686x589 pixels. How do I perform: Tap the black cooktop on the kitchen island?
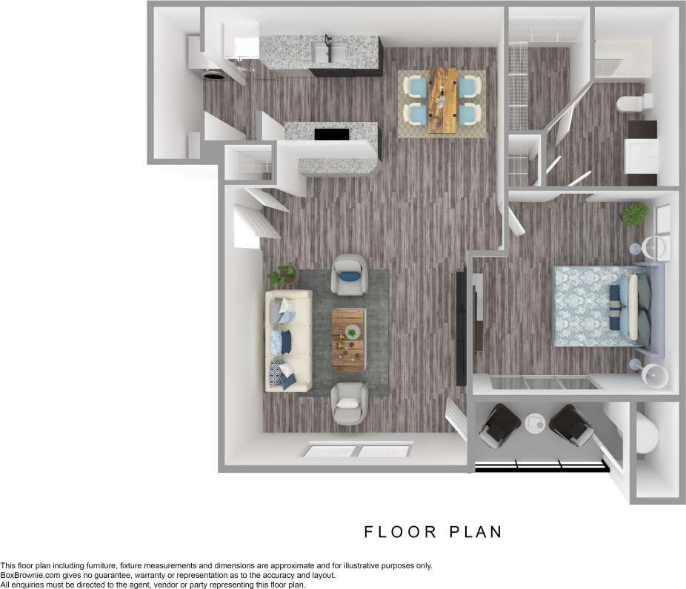331,135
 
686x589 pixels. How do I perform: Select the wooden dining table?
443,101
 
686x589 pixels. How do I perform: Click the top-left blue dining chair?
416,87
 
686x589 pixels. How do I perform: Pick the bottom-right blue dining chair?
469,115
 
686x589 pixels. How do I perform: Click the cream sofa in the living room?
288,340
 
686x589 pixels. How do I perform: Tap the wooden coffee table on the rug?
348,339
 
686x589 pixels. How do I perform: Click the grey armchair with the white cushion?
350,403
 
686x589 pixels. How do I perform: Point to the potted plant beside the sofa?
282,276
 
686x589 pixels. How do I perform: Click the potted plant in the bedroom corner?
634,215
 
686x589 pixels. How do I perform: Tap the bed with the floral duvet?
600,307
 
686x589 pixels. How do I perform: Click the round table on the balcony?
534,424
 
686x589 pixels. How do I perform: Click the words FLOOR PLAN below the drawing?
433,531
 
